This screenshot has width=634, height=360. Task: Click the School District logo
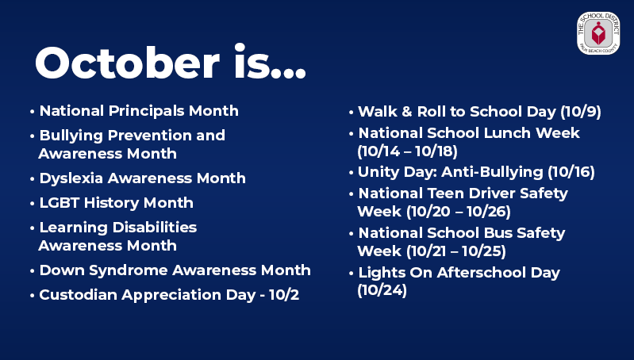pyautogui.click(x=598, y=33)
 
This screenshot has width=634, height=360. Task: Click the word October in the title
pyautogui.click(x=128, y=63)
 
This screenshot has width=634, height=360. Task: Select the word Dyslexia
pyautogui.click(x=71, y=178)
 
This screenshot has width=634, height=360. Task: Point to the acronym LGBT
pyautogui.click(x=59, y=202)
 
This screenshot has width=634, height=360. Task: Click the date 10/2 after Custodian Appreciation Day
pyautogui.click(x=284, y=295)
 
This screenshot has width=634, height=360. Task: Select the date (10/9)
pyautogui.click(x=581, y=112)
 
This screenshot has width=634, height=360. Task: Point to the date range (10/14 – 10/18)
pyautogui.click(x=408, y=151)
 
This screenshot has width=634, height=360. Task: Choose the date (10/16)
pyautogui.click(x=571, y=172)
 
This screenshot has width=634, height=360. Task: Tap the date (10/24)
pyautogui.click(x=382, y=290)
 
